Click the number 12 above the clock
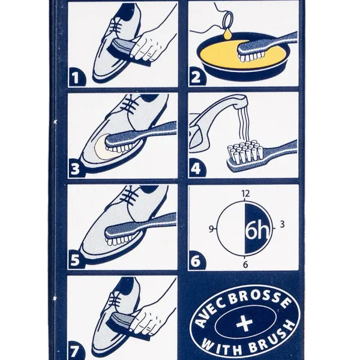[245, 194]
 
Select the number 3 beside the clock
[282, 224]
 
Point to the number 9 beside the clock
[211, 229]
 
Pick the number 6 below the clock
[245, 265]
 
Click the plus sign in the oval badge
[245, 321]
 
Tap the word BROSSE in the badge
[259, 299]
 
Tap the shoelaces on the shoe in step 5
[131, 196]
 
